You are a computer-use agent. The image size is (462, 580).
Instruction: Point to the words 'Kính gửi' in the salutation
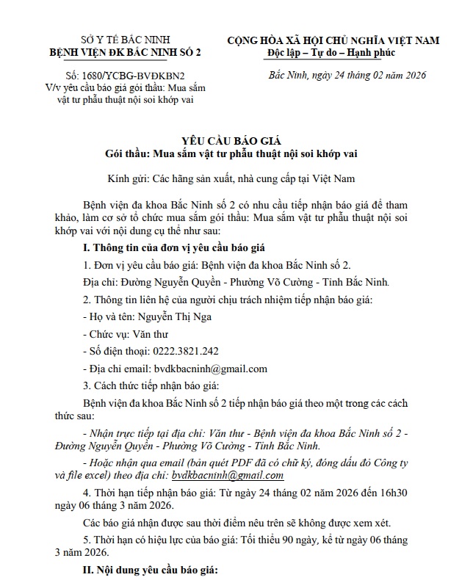click(x=129, y=178)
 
